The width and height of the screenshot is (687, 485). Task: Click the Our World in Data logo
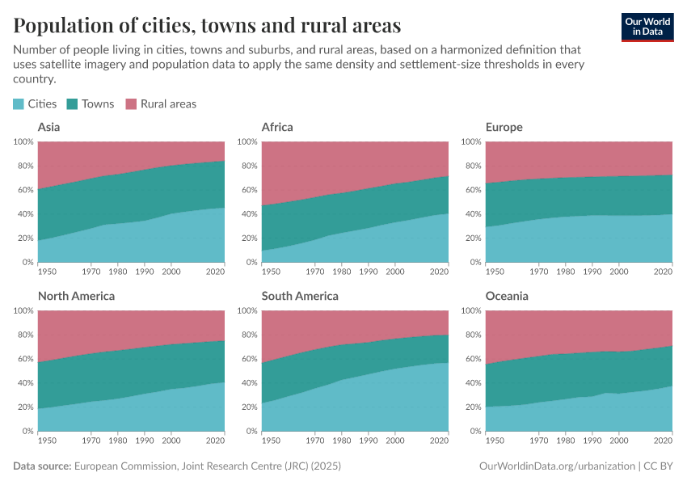647,27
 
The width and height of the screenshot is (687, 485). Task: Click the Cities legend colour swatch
19,103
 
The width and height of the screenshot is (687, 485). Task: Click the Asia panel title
48,127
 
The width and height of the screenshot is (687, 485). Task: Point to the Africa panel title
277,127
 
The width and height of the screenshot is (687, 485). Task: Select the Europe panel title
504,127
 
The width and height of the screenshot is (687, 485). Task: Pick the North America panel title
76,296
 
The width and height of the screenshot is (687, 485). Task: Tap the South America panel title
300,296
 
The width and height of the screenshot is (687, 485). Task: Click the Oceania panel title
507,296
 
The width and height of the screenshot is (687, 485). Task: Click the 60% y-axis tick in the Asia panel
24,190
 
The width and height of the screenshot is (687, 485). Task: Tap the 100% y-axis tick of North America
23,310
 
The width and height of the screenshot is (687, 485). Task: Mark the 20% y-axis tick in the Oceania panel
472,407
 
